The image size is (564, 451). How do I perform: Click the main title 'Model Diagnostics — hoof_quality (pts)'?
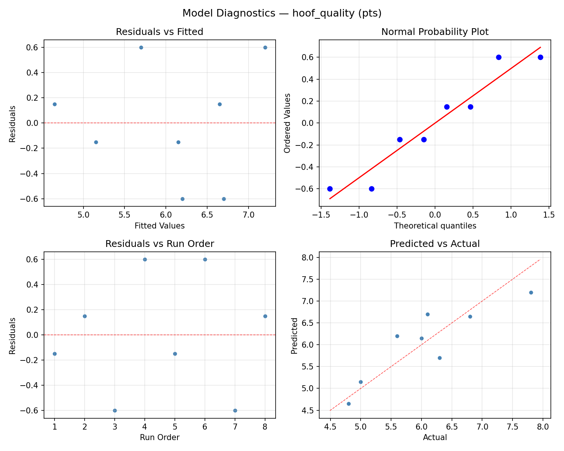(282, 14)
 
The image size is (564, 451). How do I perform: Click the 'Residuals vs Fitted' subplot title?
(159, 32)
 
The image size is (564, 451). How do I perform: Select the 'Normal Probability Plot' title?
(435, 32)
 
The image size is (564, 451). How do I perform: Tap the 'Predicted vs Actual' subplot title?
(435, 244)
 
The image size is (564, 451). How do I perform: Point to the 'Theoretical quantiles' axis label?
(435, 226)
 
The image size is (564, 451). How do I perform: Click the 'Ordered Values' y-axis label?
(288, 123)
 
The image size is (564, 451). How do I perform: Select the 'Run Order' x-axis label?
(159, 437)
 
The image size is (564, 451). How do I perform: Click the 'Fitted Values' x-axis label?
(159, 226)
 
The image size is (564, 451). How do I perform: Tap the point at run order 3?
(115, 410)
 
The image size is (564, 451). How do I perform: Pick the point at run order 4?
(145, 259)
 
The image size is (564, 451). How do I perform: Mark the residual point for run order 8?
(265, 316)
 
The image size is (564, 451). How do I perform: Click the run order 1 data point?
(55, 354)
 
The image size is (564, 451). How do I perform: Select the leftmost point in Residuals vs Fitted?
(55, 104)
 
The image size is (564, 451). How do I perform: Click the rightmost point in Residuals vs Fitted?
(265, 47)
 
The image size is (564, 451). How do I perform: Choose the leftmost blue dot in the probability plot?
(330, 189)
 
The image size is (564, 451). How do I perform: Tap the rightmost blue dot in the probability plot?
(540, 57)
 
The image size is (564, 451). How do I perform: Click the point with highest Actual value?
(531, 292)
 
